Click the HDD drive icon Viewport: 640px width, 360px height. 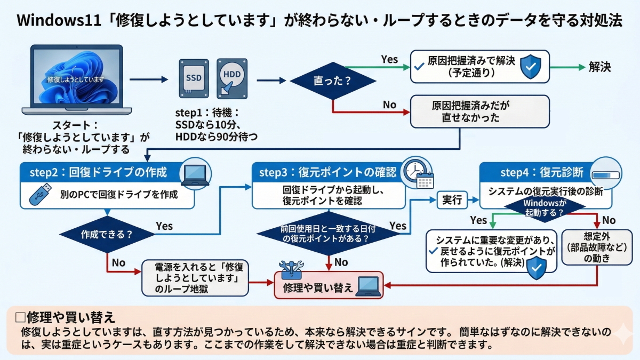pyautogui.click(x=232, y=77)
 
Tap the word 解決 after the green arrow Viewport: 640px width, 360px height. pyautogui.click(x=599, y=67)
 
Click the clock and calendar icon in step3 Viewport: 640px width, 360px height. pyautogui.click(x=418, y=172)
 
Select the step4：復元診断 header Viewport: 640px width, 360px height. pyautogui.click(x=541, y=173)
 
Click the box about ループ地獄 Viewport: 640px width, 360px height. pyautogui.click(x=195, y=278)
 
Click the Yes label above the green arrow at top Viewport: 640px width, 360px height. pyautogui.click(x=389, y=59)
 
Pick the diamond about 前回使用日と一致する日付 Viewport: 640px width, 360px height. pyautogui.click(x=328, y=233)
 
